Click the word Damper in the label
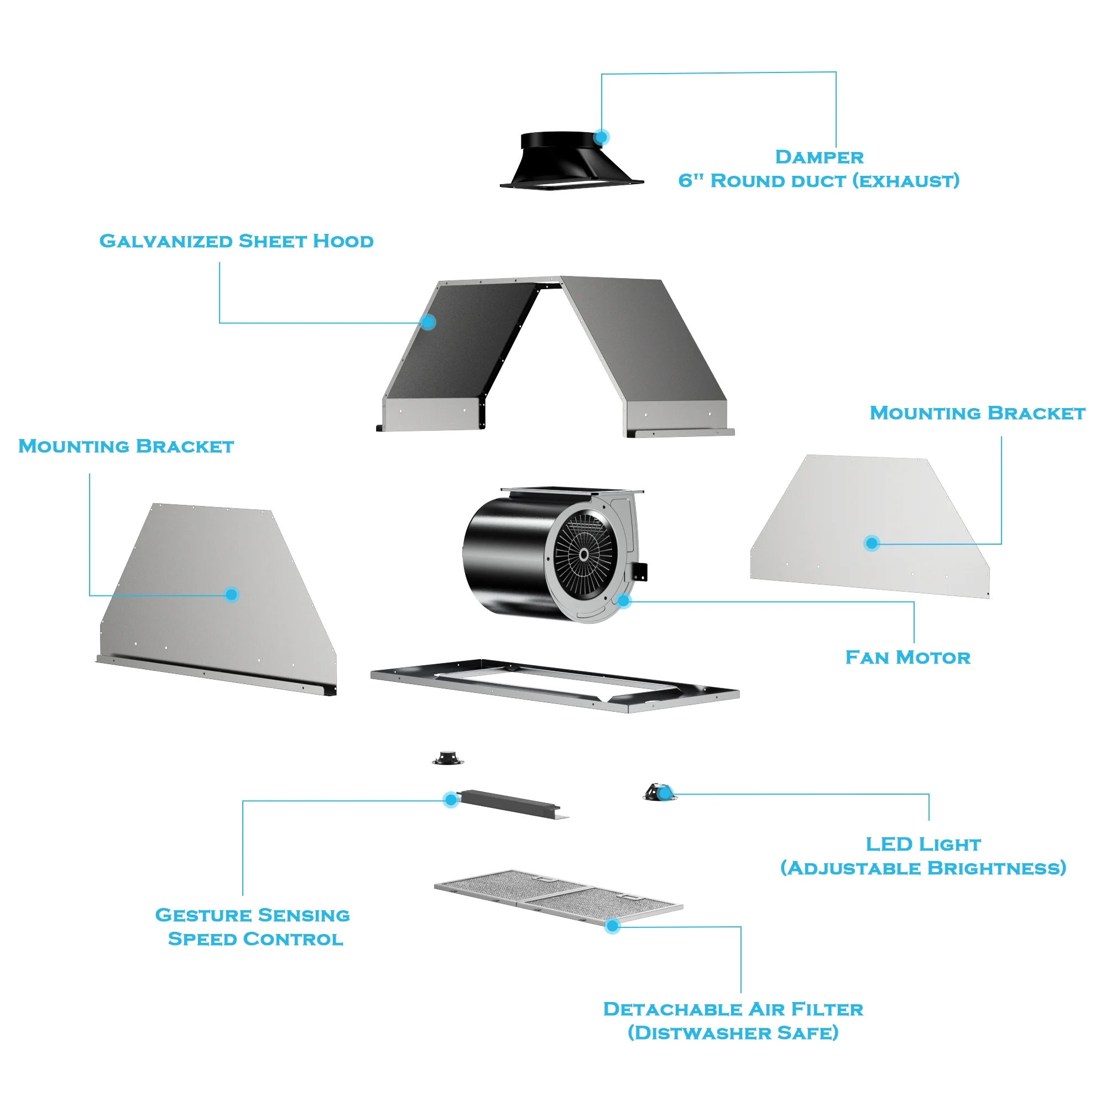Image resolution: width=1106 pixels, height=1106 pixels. tap(818, 157)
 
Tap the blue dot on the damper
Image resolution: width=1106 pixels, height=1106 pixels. tap(601, 137)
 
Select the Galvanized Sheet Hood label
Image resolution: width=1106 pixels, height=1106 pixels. tap(236, 241)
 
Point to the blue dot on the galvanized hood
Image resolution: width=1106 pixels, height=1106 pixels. tap(427, 322)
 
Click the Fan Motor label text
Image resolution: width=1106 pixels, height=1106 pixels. tap(907, 657)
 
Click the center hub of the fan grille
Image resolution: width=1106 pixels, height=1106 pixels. tap(583, 554)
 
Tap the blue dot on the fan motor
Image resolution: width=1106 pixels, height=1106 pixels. tap(624, 601)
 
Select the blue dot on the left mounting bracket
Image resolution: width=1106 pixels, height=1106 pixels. tap(231, 595)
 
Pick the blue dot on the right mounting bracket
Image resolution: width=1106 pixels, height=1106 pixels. tap(872, 543)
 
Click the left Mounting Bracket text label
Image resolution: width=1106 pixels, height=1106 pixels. tap(126, 446)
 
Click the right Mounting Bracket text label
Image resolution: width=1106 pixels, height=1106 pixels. tap(977, 413)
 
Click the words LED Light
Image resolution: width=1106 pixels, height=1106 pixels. tap(923, 844)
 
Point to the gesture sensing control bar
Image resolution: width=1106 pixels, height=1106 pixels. tap(509, 804)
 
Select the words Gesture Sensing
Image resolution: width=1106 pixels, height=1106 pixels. tap(253, 915)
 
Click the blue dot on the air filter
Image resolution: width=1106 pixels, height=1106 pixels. tap(612, 926)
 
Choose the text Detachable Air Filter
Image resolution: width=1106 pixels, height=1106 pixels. tap(733, 1009)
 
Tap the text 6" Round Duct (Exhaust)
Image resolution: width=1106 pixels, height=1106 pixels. tap(818, 181)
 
